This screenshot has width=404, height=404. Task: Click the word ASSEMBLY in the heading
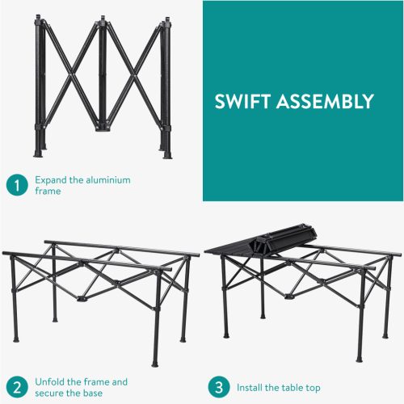pos(325,101)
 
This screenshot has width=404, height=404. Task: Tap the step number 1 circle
pos(17,185)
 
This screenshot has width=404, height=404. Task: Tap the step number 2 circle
pos(17,387)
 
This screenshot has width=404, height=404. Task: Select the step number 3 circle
pos(219,387)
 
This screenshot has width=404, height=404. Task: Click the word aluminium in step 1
pos(107,180)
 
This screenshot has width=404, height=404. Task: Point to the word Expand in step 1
pos(51,180)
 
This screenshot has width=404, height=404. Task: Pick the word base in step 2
pos(93,393)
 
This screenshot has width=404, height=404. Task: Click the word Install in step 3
pos(250,388)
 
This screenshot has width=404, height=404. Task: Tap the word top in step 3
pos(313,389)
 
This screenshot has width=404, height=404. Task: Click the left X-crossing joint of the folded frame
pos(71,74)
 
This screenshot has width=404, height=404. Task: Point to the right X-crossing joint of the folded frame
pos(133,76)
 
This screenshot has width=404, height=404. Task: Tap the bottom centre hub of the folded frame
pos(103,127)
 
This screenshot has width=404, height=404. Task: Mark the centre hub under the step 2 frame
pos(82,299)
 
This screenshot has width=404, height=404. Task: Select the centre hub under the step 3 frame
pos(290,297)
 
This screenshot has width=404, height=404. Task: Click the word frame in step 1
pos(48,191)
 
